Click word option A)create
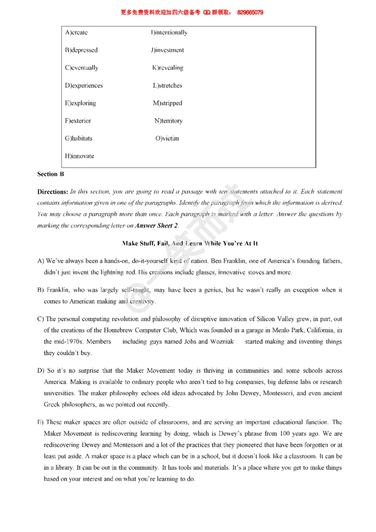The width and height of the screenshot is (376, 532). (x=76, y=32)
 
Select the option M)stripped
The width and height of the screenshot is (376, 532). (x=167, y=103)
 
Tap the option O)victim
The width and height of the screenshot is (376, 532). (x=167, y=138)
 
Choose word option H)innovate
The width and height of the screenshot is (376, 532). (x=79, y=156)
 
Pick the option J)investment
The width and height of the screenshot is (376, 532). (x=167, y=50)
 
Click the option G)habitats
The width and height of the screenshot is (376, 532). (x=78, y=138)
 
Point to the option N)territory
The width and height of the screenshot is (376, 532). (x=168, y=121)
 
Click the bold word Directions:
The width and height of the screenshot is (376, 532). (x=53, y=192)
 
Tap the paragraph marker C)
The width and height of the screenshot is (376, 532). (x=40, y=319)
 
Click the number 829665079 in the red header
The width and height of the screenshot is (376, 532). (x=250, y=13)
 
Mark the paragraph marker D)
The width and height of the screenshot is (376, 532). (x=40, y=371)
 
